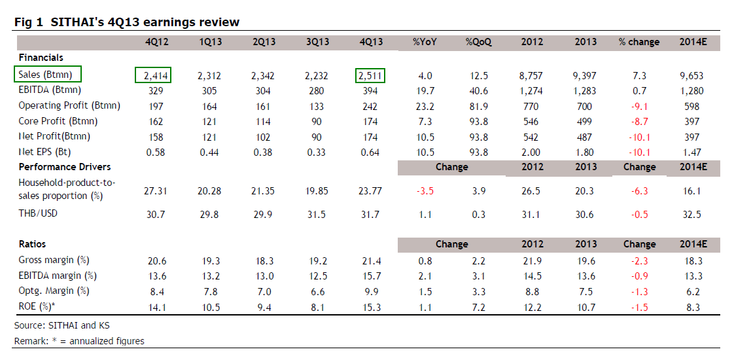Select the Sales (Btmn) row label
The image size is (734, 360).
[46, 75]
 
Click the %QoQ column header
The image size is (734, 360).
[478, 42]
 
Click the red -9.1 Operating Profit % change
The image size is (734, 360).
[639, 105]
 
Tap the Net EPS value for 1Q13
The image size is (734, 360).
[210, 153]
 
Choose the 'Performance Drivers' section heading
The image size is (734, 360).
[65, 167]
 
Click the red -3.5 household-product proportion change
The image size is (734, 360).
[425, 190]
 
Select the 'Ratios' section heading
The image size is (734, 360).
[33, 244]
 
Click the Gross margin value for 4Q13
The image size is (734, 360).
[371, 260]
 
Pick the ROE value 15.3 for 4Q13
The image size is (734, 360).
[371, 307]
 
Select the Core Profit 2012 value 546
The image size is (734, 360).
[531, 121]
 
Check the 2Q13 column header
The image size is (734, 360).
[264, 42]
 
